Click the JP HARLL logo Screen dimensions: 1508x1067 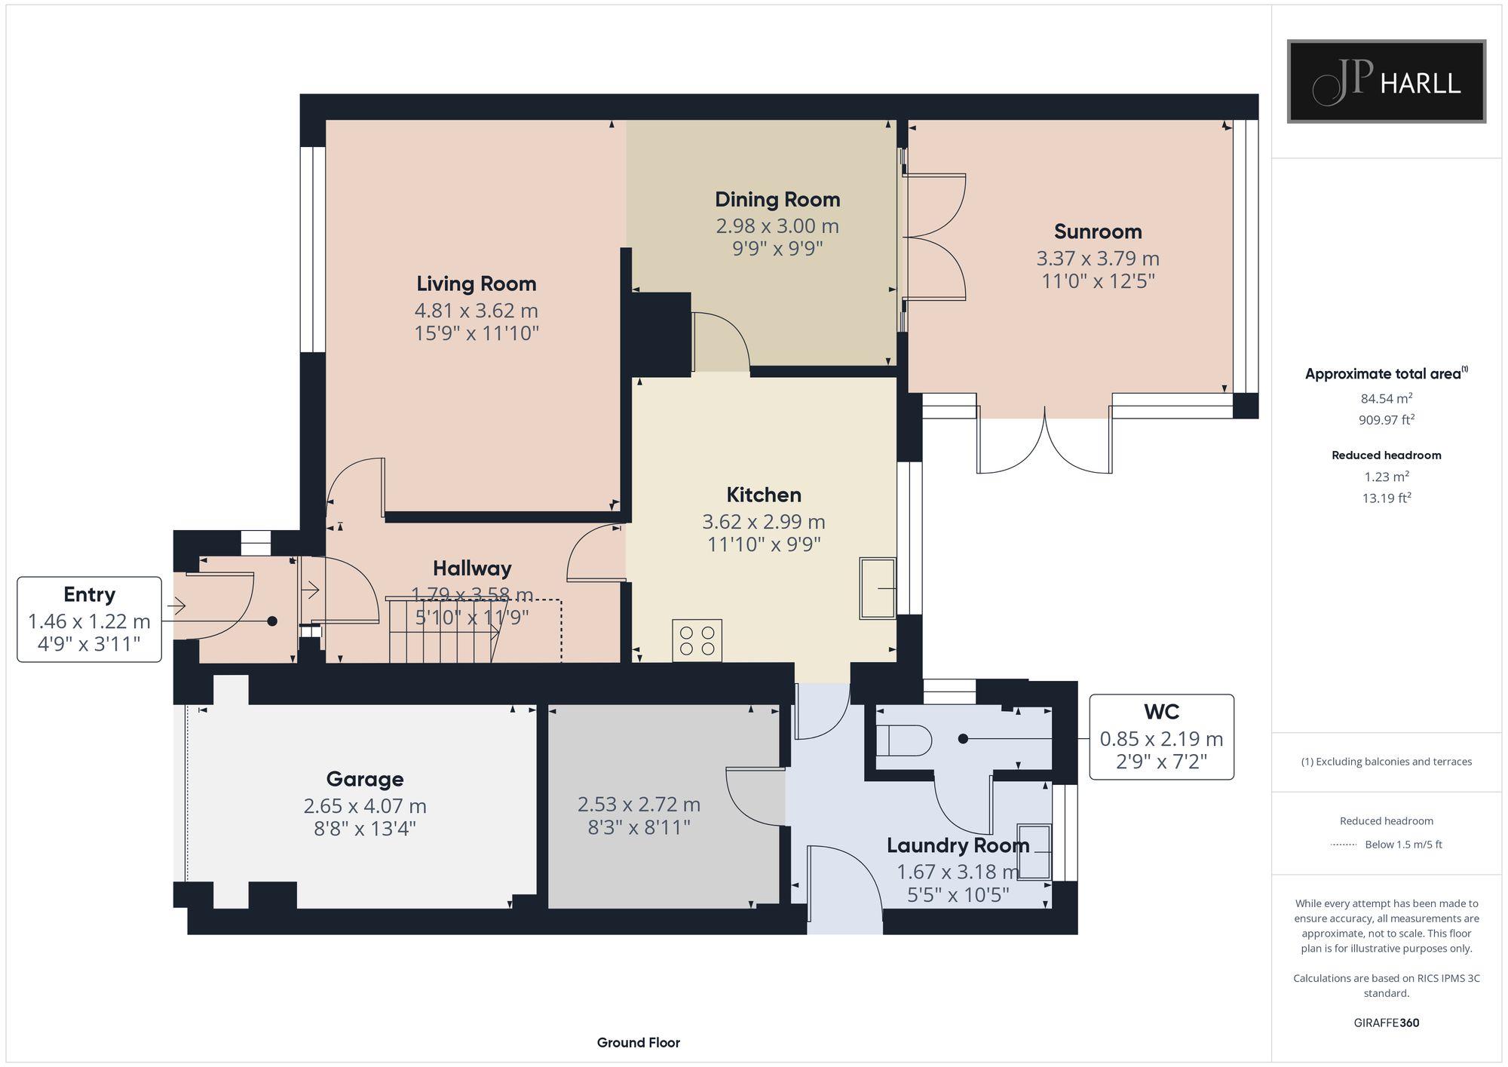coord(1386,81)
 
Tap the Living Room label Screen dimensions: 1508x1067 coord(477,284)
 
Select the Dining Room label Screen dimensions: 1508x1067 coord(777,200)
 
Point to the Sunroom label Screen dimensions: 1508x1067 coord(1098,231)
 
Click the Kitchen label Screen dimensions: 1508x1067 coord(764,495)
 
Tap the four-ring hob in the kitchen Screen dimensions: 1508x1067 coord(697,641)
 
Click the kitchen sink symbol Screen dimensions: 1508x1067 coord(878,588)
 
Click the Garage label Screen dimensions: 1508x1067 coord(365,779)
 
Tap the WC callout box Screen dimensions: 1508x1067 coord(1161,737)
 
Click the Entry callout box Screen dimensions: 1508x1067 coord(90,619)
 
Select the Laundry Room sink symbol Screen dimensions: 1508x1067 coord(1034,851)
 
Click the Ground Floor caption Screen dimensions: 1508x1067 coord(639,1043)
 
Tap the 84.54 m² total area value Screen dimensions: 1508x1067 coord(1387,398)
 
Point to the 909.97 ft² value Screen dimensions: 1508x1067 coord(1387,420)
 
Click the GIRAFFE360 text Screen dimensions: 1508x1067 coord(1387,1023)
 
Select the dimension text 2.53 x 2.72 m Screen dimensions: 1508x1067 coord(639,805)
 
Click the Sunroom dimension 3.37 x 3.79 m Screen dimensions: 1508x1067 coord(1098,258)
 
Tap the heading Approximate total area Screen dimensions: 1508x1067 coord(1387,373)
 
